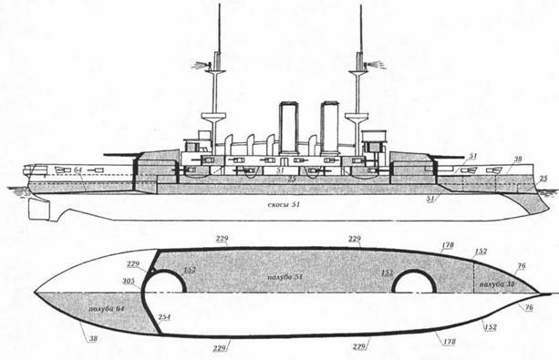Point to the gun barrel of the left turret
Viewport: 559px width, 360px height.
click(x=119, y=154)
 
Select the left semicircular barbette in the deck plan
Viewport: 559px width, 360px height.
click(x=172, y=279)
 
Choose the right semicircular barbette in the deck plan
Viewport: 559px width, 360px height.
click(x=412, y=280)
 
